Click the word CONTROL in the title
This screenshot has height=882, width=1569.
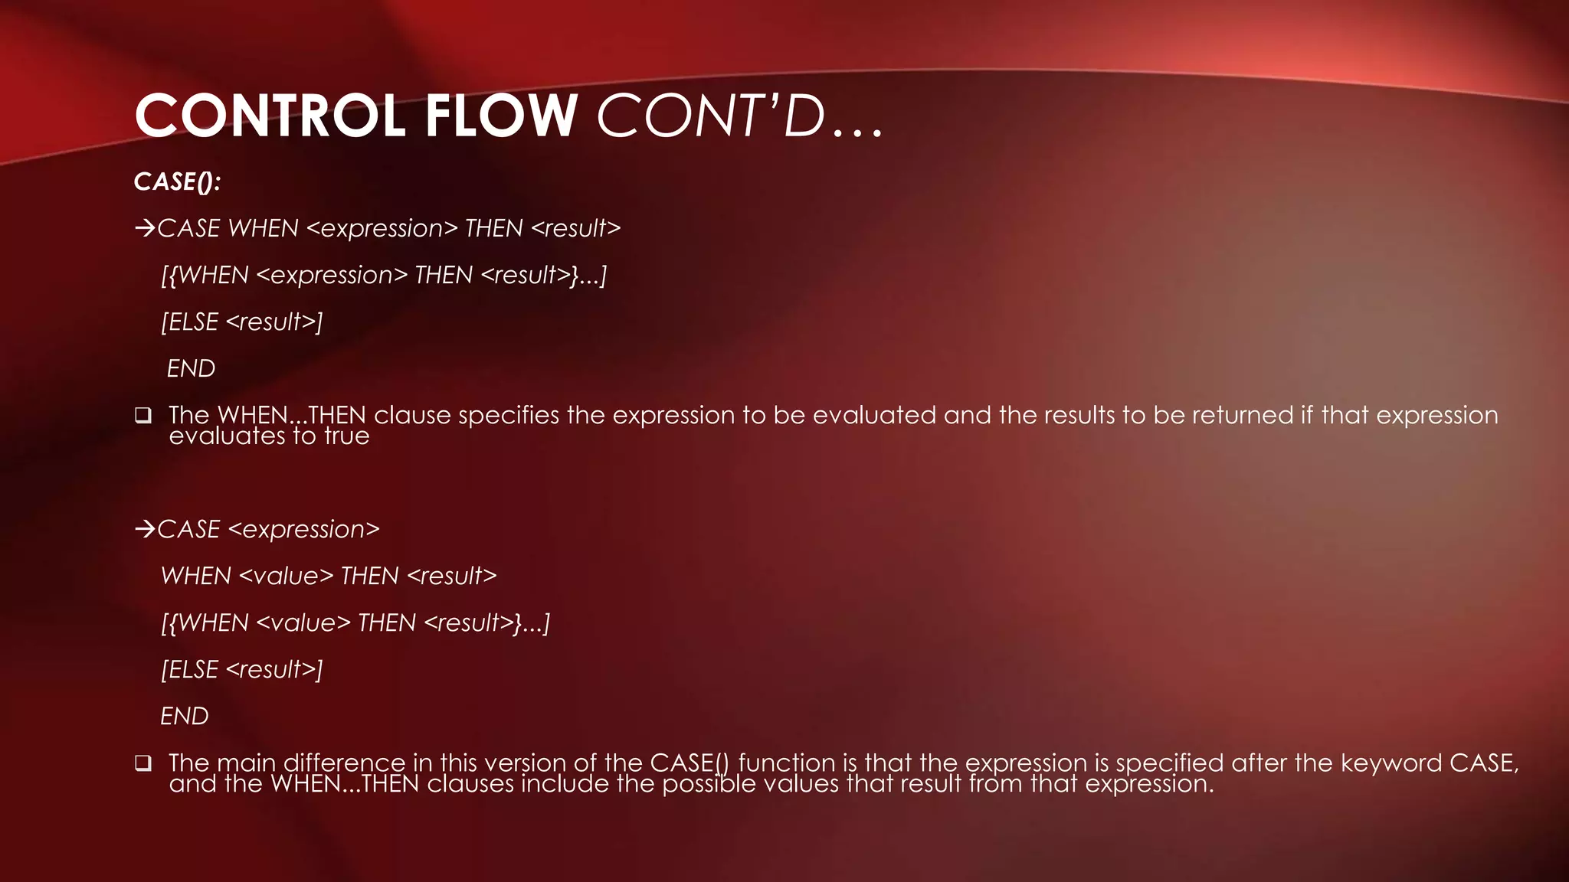[x=269, y=116]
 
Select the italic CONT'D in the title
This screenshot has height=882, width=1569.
[x=711, y=116]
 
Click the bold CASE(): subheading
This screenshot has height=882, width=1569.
[x=177, y=182]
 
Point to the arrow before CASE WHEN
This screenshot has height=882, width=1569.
[x=145, y=228]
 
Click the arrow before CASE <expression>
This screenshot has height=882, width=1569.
[x=145, y=529]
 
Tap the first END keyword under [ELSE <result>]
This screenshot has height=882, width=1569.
[x=191, y=369]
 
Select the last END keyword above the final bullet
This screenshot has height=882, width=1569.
[x=185, y=717]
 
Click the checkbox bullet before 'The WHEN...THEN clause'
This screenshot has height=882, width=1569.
[x=142, y=416]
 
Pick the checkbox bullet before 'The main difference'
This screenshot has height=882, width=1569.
[x=142, y=763]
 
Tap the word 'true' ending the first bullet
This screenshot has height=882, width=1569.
[x=347, y=436]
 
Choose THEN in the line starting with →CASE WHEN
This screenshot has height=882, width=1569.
[x=493, y=228]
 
